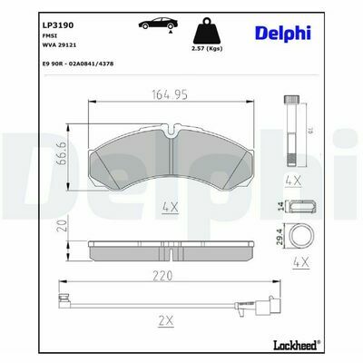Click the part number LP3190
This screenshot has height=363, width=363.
point(58,25)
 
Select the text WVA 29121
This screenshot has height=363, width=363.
point(58,45)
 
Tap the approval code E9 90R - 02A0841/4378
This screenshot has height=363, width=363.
point(78,64)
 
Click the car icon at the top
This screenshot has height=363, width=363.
point(158,24)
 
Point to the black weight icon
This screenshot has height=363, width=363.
point(207,31)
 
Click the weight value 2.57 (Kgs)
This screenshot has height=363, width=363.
point(207,48)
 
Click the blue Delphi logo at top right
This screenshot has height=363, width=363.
point(283,34)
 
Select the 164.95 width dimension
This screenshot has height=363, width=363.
point(170,94)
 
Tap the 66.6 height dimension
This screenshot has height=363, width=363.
point(62,158)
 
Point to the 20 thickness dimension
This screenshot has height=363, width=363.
point(62,225)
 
